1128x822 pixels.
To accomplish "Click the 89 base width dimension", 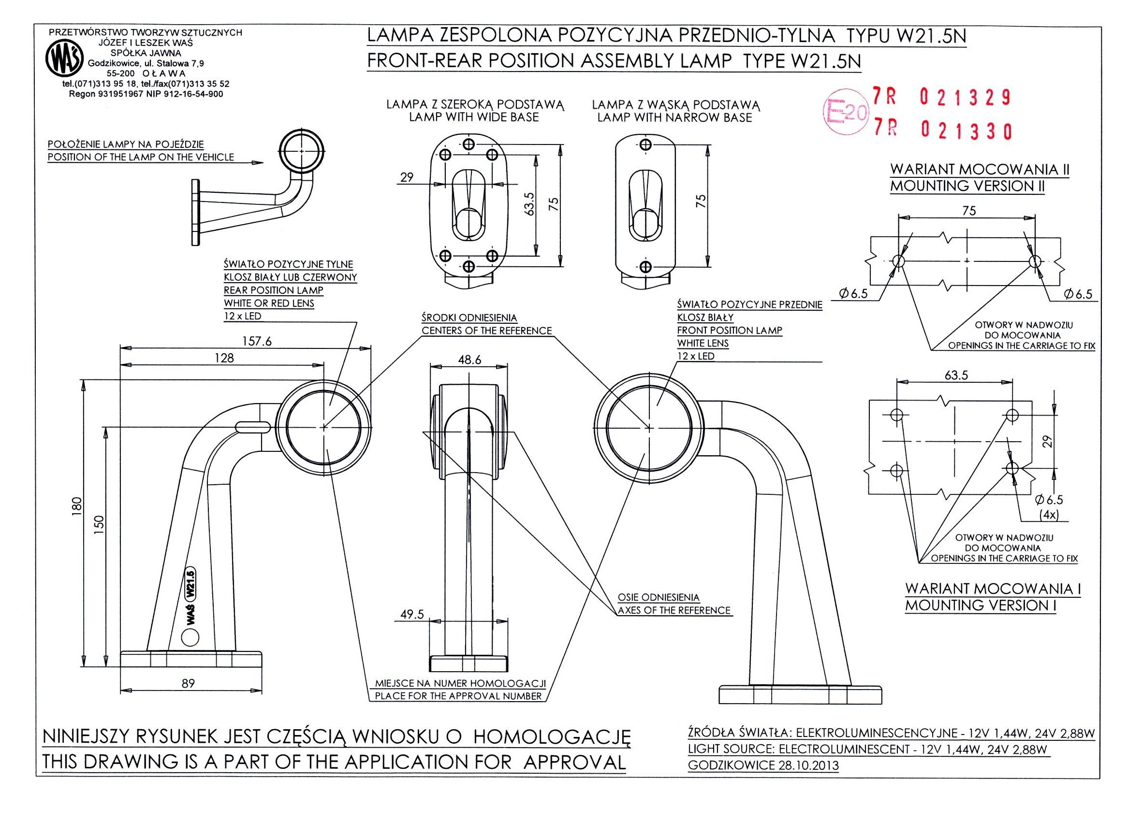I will [188, 683].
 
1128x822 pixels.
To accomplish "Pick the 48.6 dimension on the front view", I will [470, 360].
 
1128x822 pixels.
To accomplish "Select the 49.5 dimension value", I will [411, 614].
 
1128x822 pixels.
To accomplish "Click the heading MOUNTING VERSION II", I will [967, 186].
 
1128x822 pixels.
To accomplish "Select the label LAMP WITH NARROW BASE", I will [674, 118].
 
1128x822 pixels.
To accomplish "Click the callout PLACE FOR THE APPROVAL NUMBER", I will [458, 696].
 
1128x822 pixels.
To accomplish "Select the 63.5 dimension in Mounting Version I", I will [956, 375].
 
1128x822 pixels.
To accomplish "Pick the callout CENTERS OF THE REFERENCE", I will [486, 331].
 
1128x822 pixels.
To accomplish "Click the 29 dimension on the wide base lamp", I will [407, 177].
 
